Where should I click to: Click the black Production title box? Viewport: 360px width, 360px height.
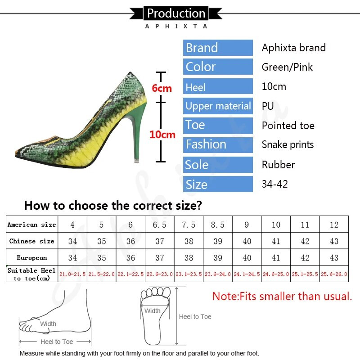(x=176, y=13)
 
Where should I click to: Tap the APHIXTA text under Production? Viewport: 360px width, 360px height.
(x=176, y=26)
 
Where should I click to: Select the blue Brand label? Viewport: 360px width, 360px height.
(x=218, y=48)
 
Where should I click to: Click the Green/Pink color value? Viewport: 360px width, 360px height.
(x=287, y=67)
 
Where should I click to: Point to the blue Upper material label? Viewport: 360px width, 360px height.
(x=218, y=106)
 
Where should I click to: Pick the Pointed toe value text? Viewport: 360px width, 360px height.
(x=288, y=126)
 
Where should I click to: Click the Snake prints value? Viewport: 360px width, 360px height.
(x=288, y=145)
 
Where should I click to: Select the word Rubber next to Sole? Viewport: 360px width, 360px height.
(x=278, y=165)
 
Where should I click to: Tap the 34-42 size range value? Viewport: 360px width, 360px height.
(x=274, y=184)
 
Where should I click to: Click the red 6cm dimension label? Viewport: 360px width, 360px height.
(x=162, y=89)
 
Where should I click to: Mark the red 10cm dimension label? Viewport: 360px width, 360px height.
(x=162, y=135)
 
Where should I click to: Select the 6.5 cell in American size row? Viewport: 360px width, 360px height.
(x=160, y=225)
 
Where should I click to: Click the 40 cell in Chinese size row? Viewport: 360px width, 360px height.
(x=247, y=241)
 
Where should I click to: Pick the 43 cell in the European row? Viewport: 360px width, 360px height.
(x=334, y=258)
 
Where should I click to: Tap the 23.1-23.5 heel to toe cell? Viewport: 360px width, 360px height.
(x=189, y=274)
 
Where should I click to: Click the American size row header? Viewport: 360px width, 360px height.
(x=31, y=225)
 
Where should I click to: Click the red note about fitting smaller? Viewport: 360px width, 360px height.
(x=282, y=297)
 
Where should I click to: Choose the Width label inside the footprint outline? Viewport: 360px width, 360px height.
(x=152, y=310)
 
